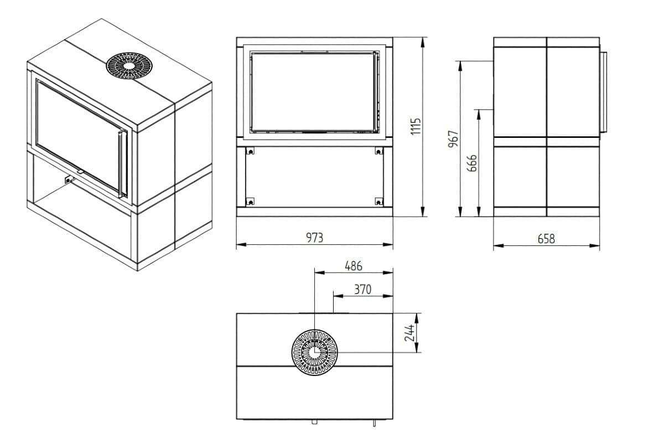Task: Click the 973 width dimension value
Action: click(314, 238)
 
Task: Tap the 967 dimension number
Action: click(454, 139)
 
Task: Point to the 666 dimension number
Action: click(472, 163)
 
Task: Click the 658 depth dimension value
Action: click(546, 239)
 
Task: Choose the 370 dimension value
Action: click(362, 289)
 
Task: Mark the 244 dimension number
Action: click(410, 333)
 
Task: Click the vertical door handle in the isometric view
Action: click(122, 164)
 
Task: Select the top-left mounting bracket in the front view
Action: click(250, 151)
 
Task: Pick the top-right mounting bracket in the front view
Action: click(378, 151)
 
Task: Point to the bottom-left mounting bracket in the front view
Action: click(250, 200)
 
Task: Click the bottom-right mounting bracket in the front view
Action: click(378, 200)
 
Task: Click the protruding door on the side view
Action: click(603, 93)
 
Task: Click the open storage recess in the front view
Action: click(314, 177)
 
